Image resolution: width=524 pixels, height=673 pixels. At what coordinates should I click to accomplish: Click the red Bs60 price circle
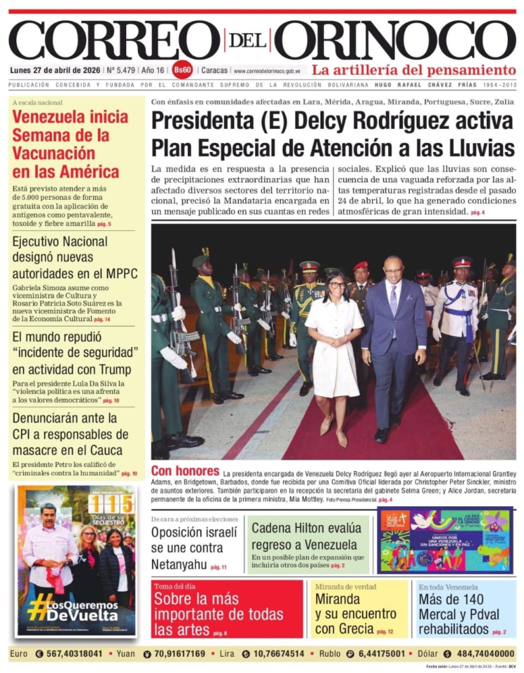(182, 70)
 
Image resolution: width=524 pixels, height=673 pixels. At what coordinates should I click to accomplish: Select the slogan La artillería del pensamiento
(414, 70)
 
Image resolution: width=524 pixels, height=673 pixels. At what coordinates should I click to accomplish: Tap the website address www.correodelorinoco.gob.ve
(268, 71)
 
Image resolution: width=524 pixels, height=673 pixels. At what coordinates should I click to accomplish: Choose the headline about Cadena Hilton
(306, 536)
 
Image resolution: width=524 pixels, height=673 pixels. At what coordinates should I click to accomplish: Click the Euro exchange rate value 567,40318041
(69, 653)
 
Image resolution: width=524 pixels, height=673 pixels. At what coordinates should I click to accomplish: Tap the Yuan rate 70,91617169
(180, 653)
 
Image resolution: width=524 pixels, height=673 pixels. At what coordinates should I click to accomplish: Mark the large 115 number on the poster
(110, 503)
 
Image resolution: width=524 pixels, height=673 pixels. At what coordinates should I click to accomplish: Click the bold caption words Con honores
(185, 470)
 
